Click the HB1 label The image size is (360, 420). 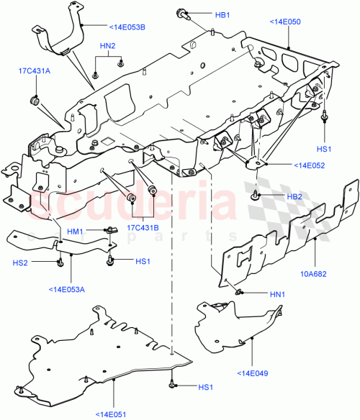pos(222,15)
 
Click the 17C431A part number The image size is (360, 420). pos(35,70)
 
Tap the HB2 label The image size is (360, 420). pos(294,196)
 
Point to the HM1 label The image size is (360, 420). pos(76,231)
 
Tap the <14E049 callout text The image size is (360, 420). pos(253,373)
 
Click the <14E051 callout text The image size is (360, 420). pos(114,413)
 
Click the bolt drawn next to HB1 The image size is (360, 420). pos(181,14)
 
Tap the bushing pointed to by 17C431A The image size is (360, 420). pos(32,99)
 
